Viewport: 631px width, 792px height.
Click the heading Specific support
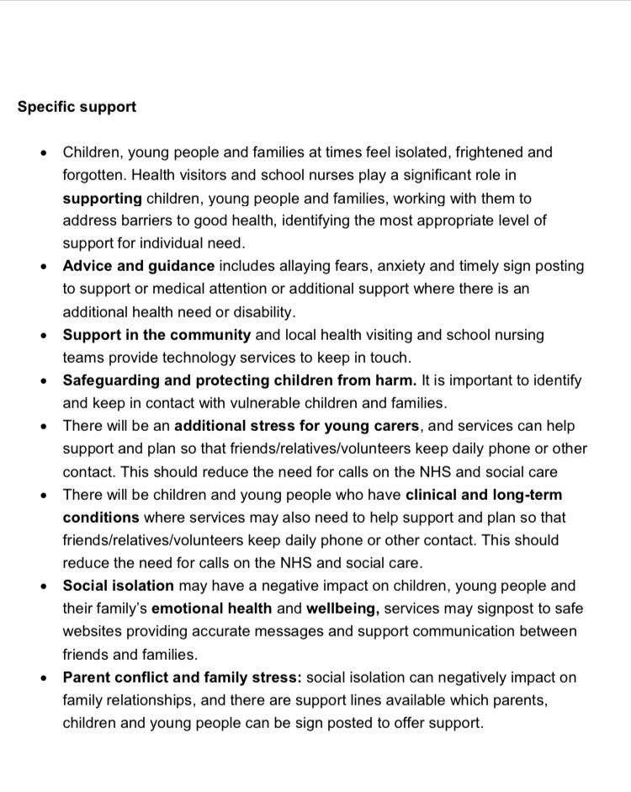click(77, 108)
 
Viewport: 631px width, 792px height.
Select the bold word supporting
click(102, 198)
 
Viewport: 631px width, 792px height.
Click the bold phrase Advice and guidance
click(139, 265)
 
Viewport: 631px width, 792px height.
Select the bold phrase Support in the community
click(156, 333)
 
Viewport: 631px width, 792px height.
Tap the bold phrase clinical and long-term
click(484, 494)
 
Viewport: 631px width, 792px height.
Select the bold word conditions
click(100, 517)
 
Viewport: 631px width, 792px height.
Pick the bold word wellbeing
click(399, 607)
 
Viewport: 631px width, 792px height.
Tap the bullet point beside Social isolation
click(44, 585)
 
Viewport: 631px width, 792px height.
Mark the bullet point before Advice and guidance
click(44, 266)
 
